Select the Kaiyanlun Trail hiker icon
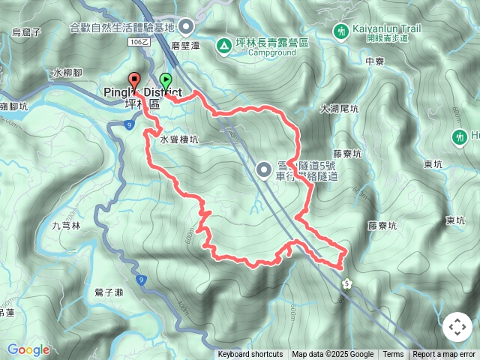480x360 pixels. [341, 31]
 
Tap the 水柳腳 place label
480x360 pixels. [67, 73]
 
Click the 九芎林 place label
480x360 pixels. [66, 225]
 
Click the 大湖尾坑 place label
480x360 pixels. [339, 109]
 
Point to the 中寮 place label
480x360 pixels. [375, 62]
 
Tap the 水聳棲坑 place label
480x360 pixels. [178, 139]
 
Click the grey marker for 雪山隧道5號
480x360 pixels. [264, 169]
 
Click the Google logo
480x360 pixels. [28, 349]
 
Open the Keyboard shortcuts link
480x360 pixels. [250, 355]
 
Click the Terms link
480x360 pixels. [393, 355]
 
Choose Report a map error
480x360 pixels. [444, 355]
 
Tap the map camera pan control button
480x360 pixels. [457, 327]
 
